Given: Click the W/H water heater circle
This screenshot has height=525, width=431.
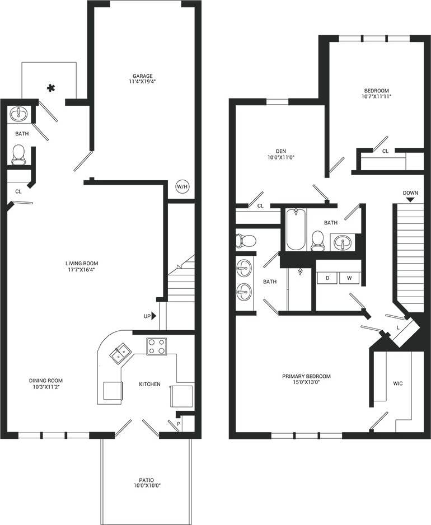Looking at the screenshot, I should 182,186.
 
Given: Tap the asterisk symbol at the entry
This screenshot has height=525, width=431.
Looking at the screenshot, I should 51,88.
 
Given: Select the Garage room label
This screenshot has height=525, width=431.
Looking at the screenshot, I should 143,76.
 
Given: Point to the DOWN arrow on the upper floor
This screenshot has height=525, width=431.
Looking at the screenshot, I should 410,199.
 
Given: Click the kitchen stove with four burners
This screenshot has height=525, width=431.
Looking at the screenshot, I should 157,346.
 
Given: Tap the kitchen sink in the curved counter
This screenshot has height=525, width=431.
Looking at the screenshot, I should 120,354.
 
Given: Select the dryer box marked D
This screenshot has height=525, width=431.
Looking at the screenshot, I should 326,278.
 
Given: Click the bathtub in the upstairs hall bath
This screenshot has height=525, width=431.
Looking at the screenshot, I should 295,229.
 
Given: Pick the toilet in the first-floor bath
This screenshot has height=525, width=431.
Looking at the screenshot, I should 18,154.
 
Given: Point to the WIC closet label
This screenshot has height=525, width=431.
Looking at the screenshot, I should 398,383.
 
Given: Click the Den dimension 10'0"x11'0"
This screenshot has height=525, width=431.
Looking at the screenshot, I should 281,157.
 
